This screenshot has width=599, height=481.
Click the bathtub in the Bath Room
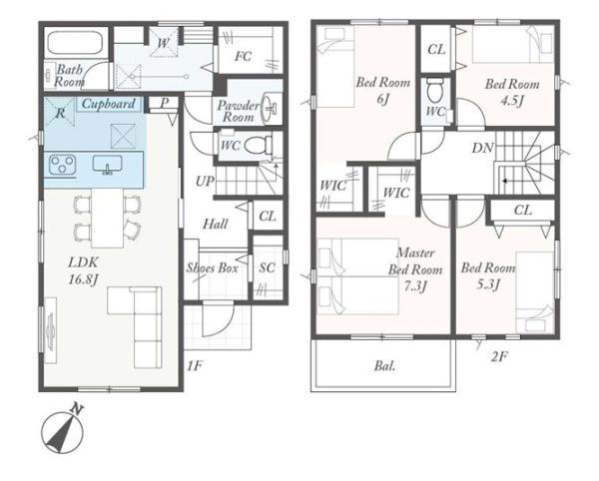75,43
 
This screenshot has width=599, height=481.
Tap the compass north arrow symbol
63,431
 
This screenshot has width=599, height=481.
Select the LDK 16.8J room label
83,270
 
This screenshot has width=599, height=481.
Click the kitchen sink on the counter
108,165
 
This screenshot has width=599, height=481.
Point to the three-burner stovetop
62,165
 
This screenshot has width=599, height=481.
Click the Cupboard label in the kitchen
109,104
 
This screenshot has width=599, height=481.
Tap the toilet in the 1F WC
258,146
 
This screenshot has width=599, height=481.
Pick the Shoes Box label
213,268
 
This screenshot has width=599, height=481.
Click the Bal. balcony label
385,366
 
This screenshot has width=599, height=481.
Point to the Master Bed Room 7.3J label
415,269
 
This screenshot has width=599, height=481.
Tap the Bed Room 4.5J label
512,92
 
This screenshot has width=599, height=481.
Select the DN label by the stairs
483,148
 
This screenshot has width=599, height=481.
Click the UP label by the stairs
205,181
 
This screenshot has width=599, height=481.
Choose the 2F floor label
499,357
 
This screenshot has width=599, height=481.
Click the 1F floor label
194,366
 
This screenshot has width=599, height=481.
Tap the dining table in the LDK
108,219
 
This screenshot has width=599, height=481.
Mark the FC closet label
243,57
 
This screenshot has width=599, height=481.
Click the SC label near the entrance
267,267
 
